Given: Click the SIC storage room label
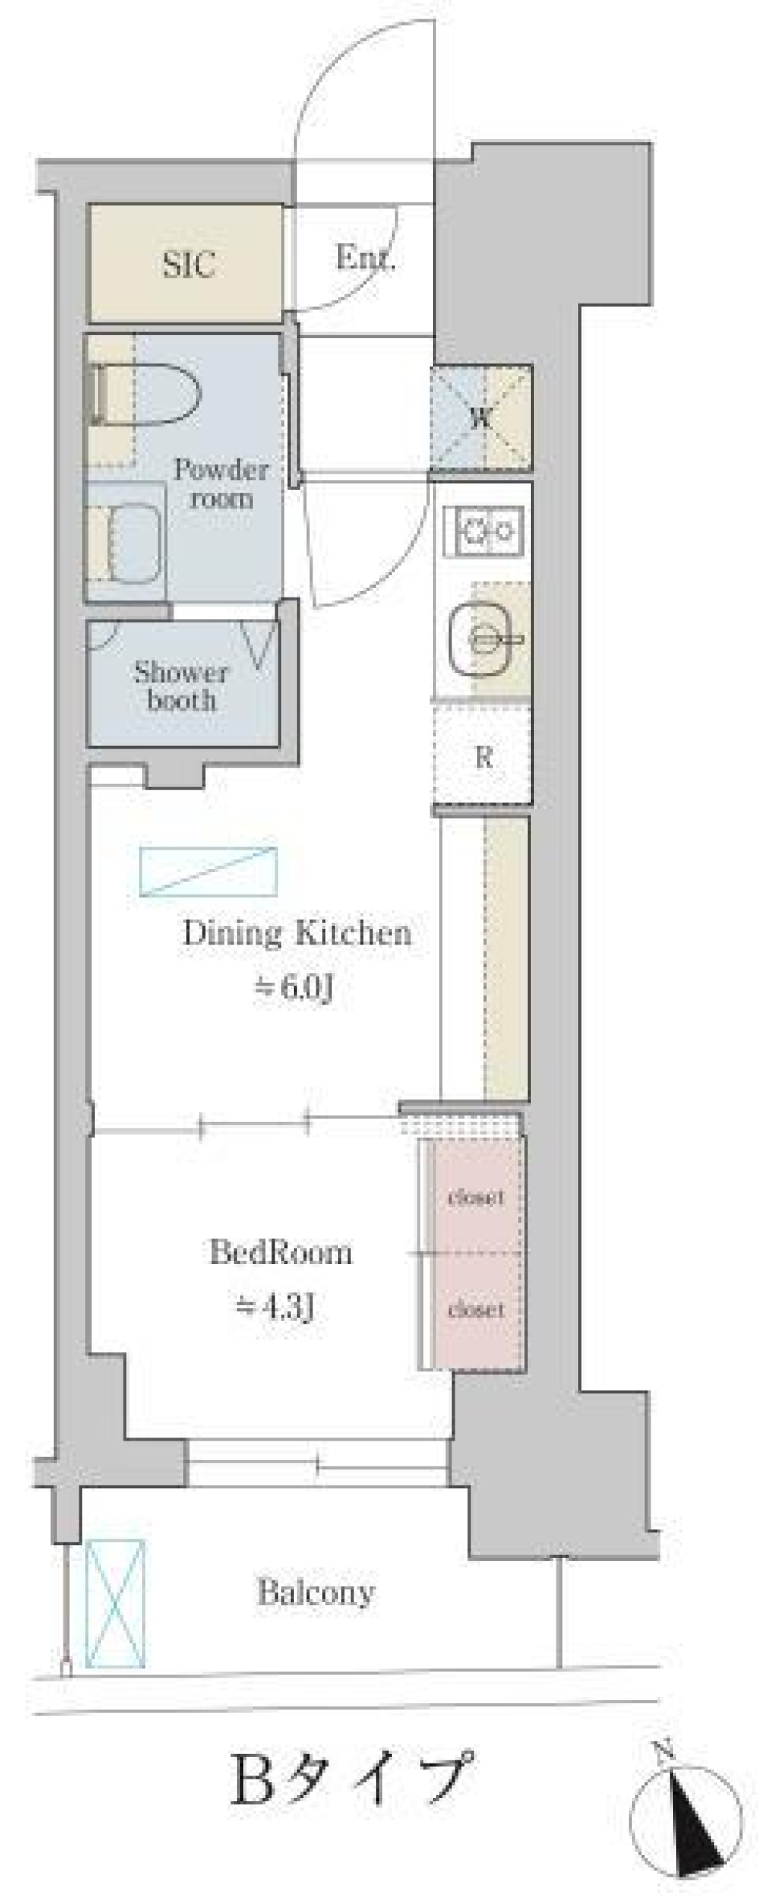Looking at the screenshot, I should [188, 264].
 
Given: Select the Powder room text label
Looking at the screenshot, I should [221, 483].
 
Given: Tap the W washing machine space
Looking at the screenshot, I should [481, 418].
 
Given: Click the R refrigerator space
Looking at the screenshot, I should [483, 756].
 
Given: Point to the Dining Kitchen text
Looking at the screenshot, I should [297, 933].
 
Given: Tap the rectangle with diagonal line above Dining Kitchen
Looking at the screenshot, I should [209, 871].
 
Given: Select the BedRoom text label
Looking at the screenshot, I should [280, 1252].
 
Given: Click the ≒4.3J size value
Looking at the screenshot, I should [274, 1308].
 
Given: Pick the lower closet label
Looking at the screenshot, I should [475, 1310].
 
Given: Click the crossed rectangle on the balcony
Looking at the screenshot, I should [116, 1603].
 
